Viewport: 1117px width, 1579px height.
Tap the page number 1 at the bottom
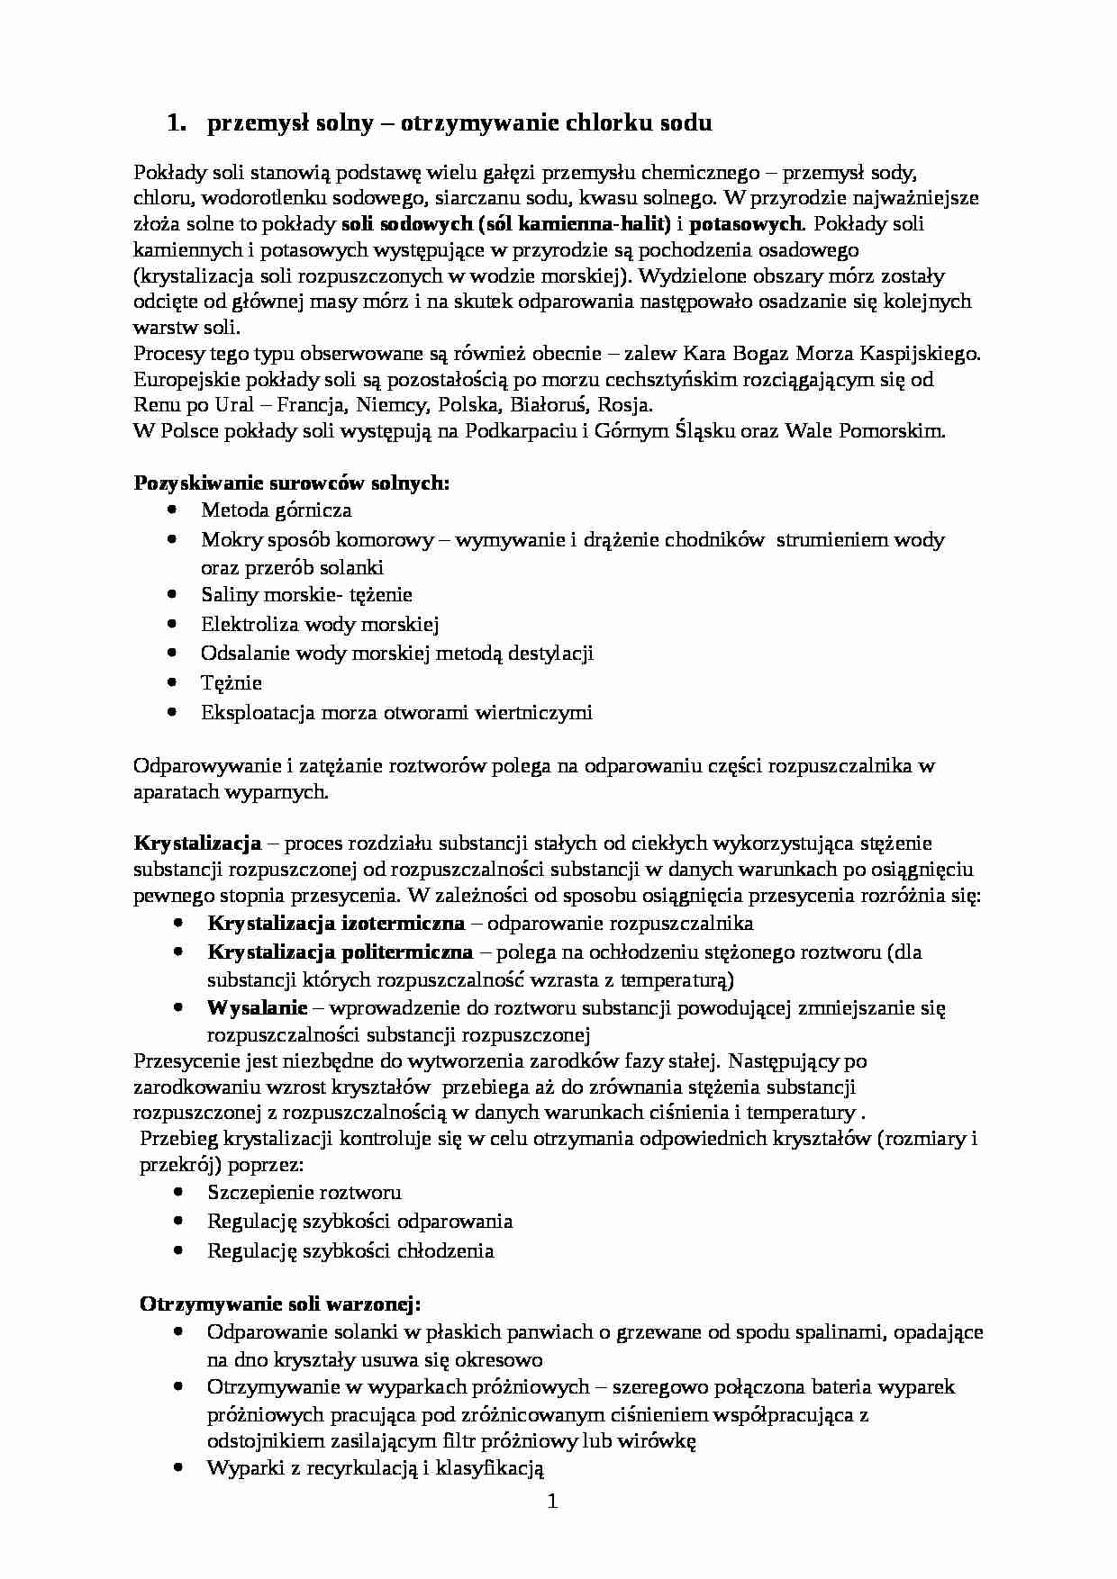(553, 1501)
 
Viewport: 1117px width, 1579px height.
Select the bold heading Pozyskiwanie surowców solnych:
(291, 483)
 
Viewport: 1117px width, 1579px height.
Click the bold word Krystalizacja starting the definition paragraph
(197, 844)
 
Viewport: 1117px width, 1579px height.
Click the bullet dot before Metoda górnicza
(173, 510)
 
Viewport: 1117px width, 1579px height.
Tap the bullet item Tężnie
(232, 682)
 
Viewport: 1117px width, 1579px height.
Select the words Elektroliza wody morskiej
(320, 624)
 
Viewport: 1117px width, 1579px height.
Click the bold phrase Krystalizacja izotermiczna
(336, 923)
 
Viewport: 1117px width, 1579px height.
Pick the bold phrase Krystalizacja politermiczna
(340, 952)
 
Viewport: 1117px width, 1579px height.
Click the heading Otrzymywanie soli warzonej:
(280, 1304)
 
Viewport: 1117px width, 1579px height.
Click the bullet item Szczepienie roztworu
(304, 1192)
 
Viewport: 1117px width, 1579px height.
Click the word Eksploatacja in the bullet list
(258, 712)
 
